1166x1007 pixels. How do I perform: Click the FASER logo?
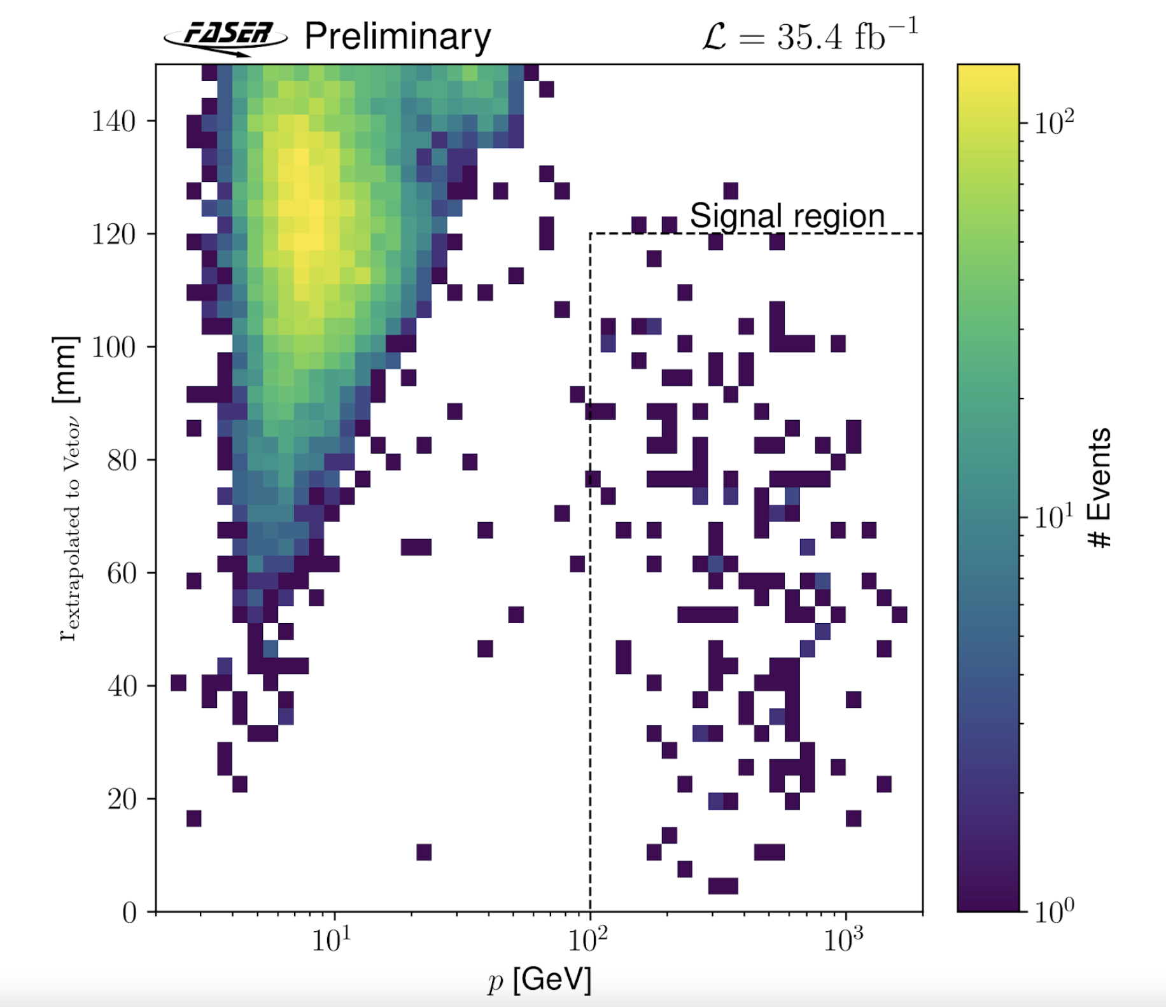pyautogui.click(x=226, y=37)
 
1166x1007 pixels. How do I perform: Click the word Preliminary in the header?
pyautogui.click(x=398, y=37)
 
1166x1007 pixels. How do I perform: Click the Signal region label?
pyautogui.click(x=787, y=216)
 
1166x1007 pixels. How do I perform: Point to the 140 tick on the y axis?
pyautogui.click(x=114, y=121)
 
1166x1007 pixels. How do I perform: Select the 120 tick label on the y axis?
pyautogui.click(x=114, y=234)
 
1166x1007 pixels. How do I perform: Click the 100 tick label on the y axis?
pyautogui.click(x=114, y=348)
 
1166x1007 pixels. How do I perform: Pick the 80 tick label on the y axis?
pyautogui.click(x=121, y=460)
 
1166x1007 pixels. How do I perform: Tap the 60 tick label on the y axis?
pyautogui.click(x=121, y=574)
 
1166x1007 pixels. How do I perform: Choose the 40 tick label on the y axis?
pyautogui.click(x=121, y=686)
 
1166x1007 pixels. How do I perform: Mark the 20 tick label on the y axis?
pyautogui.click(x=121, y=799)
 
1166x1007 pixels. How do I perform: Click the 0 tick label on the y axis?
pyautogui.click(x=129, y=912)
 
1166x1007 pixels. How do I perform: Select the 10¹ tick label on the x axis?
pyautogui.click(x=331, y=939)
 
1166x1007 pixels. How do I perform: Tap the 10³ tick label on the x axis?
pyautogui.click(x=844, y=939)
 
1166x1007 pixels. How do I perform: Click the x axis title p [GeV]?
pyautogui.click(x=540, y=980)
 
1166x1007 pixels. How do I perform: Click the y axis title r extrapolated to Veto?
pyautogui.click(x=67, y=488)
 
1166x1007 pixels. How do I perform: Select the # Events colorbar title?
pyautogui.click(x=1099, y=488)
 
